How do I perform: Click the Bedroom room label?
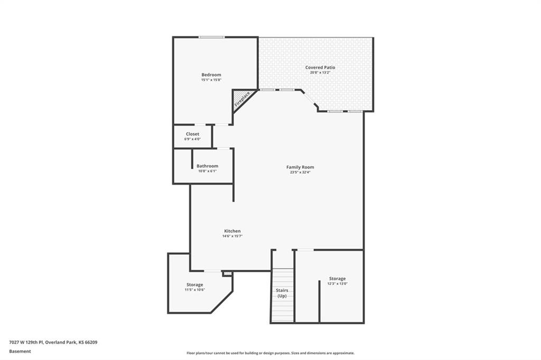pyautogui.click(x=211, y=75)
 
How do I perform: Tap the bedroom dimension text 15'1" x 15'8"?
pyautogui.click(x=211, y=80)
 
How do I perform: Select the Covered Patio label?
pyautogui.click(x=320, y=68)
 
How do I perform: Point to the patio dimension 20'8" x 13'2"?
pyautogui.click(x=320, y=72)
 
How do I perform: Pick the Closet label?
pyautogui.click(x=192, y=134)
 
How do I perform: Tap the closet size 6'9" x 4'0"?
pyautogui.click(x=192, y=139)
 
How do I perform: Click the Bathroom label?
pyautogui.click(x=207, y=166)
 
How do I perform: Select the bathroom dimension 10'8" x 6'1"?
pyautogui.click(x=207, y=170)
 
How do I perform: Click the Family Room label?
pyautogui.click(x=300, y=167)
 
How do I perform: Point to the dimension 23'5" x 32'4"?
pyautogui.click(x=300, y=172)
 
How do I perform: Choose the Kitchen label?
pyautogui.click(x=232, y=231)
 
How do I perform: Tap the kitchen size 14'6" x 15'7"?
pyautogui.click(x=232, y=236)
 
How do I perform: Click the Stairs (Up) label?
pyautogui.click(x=282, y=293)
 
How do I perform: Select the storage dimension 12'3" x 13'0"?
pyautogui.click(x=338, y=283)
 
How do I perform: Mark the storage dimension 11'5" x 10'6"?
pyautogui.click(x=194, y=290)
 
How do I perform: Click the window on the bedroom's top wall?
pyautogui.click(x=211, y=37)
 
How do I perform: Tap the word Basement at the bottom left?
pyautogui.click(x=20, y=352)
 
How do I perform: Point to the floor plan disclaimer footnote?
pyautogui.click(x=270, y=353)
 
